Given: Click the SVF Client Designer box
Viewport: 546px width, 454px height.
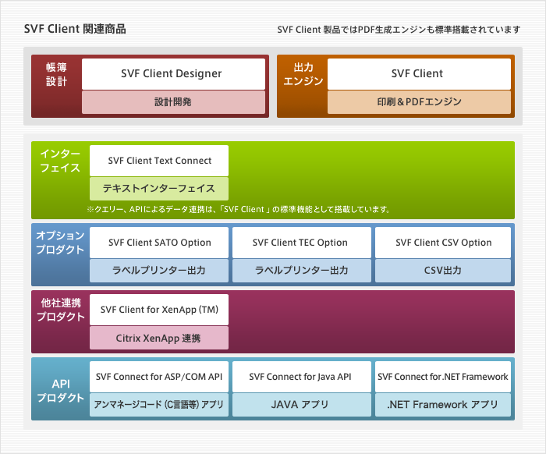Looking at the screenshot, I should pyautogui.click(x=172, y=73).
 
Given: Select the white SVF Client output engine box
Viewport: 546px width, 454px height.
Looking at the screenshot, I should pyautogui.click(x=419, y=73).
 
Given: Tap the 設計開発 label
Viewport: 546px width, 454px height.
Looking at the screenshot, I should pyautogui.click(x=172, y=102).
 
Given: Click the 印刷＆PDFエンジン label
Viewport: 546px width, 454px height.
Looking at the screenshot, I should pyautogui.click(x=419, y=102).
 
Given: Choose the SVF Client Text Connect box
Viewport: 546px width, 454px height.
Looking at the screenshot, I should pyautogui.click(x=159, y=161).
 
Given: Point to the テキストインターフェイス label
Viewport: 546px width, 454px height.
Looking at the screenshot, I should pyautogui.click(x=159, y=188).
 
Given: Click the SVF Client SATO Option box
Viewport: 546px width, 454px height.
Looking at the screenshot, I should pyautogui.click(x=159, y=243).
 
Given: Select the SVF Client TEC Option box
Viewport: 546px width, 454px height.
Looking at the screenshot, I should pyautogui.click(x=300, y=243).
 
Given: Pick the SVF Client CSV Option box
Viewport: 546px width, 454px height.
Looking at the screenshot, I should pyautogui.click(x=443, y=243).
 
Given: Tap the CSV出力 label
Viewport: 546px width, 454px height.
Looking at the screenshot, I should pyautogui.click(x=443, y=271).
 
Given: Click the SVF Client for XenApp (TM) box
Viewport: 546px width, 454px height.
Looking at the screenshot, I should pyautogui.click(x=159, y=310).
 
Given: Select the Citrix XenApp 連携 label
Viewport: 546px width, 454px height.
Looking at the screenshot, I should pyautogui.click(x=159, y=338).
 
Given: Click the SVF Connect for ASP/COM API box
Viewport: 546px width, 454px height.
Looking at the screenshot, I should pyautogui.click(x=159, y=377).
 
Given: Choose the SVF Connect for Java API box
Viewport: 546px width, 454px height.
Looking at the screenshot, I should pyautogui.click(x=300, y=377).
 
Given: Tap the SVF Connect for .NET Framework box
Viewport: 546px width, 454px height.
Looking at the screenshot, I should pyautogui.click(x=443, y=377).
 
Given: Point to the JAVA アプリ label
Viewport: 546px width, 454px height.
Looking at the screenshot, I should pyautogui.click(x=300, y=405).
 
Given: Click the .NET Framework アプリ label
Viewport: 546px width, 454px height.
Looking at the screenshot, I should pyautogui.click(x=443, y=405).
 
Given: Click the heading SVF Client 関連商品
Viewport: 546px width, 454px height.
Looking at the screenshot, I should pyautogui.click(x=75, y=30).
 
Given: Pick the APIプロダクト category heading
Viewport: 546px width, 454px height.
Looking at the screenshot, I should pyautogui.click(x=60, y=391).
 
